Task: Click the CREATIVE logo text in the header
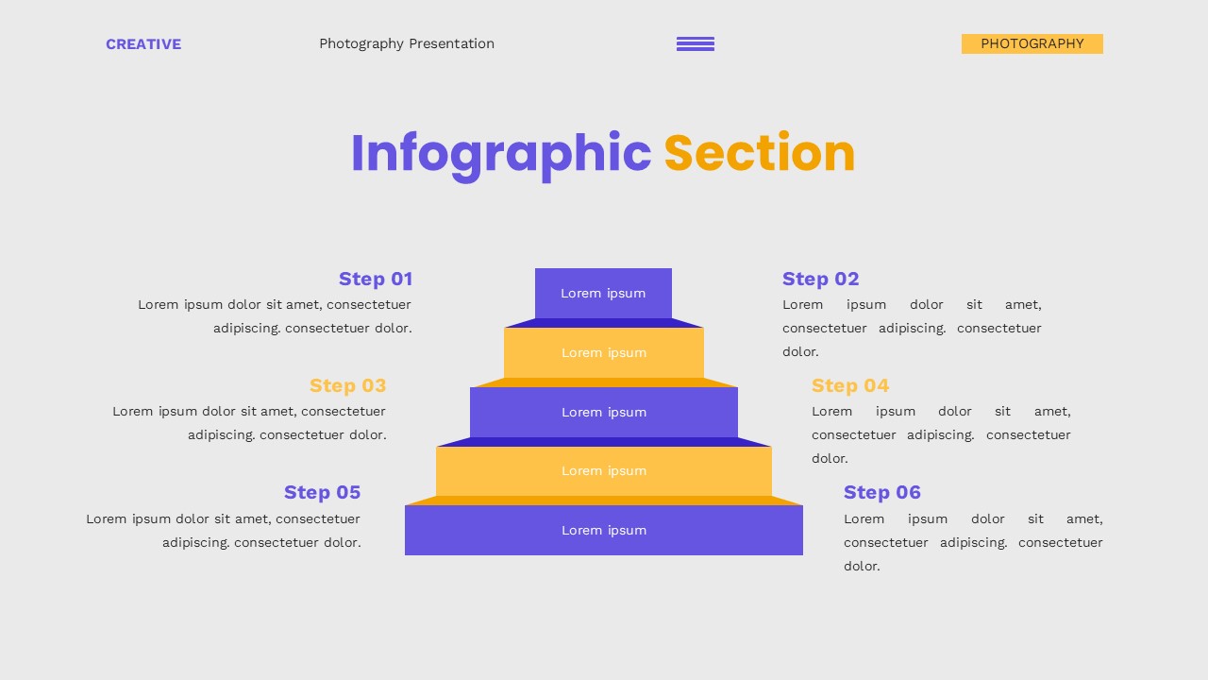click(143, 44)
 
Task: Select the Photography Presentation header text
click(407, 43)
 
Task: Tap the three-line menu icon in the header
click(696, 43)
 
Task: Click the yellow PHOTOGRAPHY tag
click(1032, 43)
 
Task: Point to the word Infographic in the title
click(501, 154)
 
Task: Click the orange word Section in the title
click(760, 154)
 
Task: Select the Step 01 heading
click(376, 279)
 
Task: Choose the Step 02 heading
click(821, 279)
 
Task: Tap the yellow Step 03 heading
click(348, 385)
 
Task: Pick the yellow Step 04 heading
click(850, 385)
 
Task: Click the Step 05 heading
click(323, 492)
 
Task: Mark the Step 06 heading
click(882, 492)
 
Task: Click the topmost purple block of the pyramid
click(603, 293)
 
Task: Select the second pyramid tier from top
click(604, 352)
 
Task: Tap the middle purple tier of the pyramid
click(604, 412)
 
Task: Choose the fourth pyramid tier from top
click(604, 470)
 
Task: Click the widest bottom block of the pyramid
click(604, 530)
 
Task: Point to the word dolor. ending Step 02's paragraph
click(800, 352)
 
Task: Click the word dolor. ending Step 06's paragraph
click(862, 567)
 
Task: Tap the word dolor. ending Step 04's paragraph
click(830, 459)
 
